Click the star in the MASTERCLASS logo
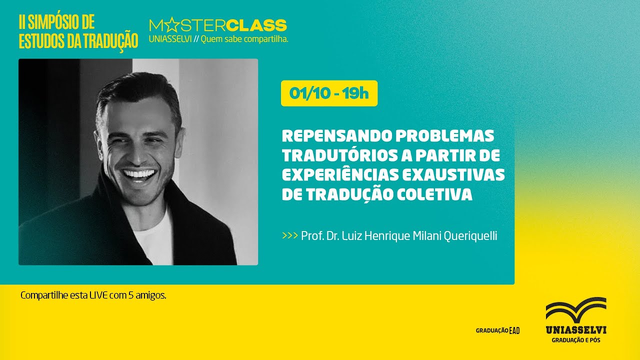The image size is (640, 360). click(x=170, y=25)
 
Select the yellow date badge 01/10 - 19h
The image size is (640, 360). click(x=329, y=93)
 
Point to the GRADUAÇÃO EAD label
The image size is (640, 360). click(x=497, y=330)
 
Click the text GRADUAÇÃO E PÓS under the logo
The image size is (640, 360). click(x=575, y=340)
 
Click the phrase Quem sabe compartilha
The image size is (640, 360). click(x=244, y=39)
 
